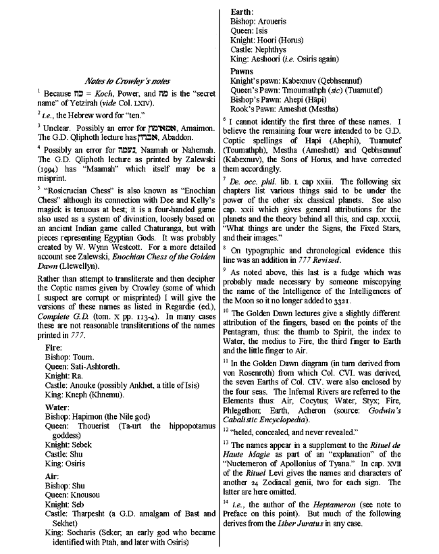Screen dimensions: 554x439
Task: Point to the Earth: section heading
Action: click(x=242, y=12)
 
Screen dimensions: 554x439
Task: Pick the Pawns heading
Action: click(x=242, y=71)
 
